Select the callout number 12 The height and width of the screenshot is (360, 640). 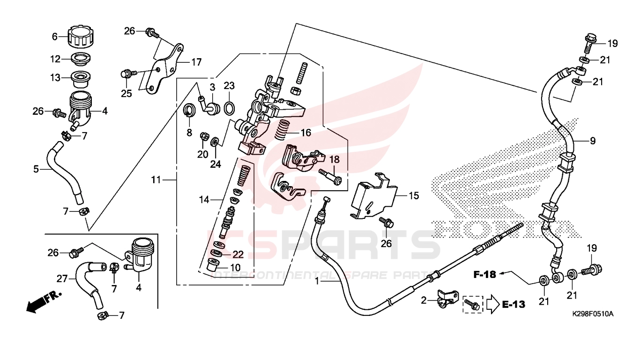tap(55, 59)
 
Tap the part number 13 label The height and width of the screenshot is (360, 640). tap(55, 77)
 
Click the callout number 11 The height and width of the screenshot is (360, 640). tap(156, 180)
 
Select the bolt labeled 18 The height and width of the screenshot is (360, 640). tap(331, 177)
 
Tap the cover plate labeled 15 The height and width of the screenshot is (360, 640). tap(373, 195)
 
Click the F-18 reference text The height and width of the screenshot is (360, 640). tap(485, 275)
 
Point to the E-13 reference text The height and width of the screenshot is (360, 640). tap(513, 305)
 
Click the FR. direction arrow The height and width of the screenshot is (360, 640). tap(44, 302)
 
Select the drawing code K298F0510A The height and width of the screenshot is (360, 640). tap(593, 314)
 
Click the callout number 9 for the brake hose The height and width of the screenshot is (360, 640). tap(593, 141)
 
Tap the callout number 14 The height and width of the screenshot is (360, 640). tap(204, 200)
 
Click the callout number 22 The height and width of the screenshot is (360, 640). tap(238, 254)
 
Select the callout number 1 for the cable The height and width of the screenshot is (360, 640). tap(317, 281)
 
